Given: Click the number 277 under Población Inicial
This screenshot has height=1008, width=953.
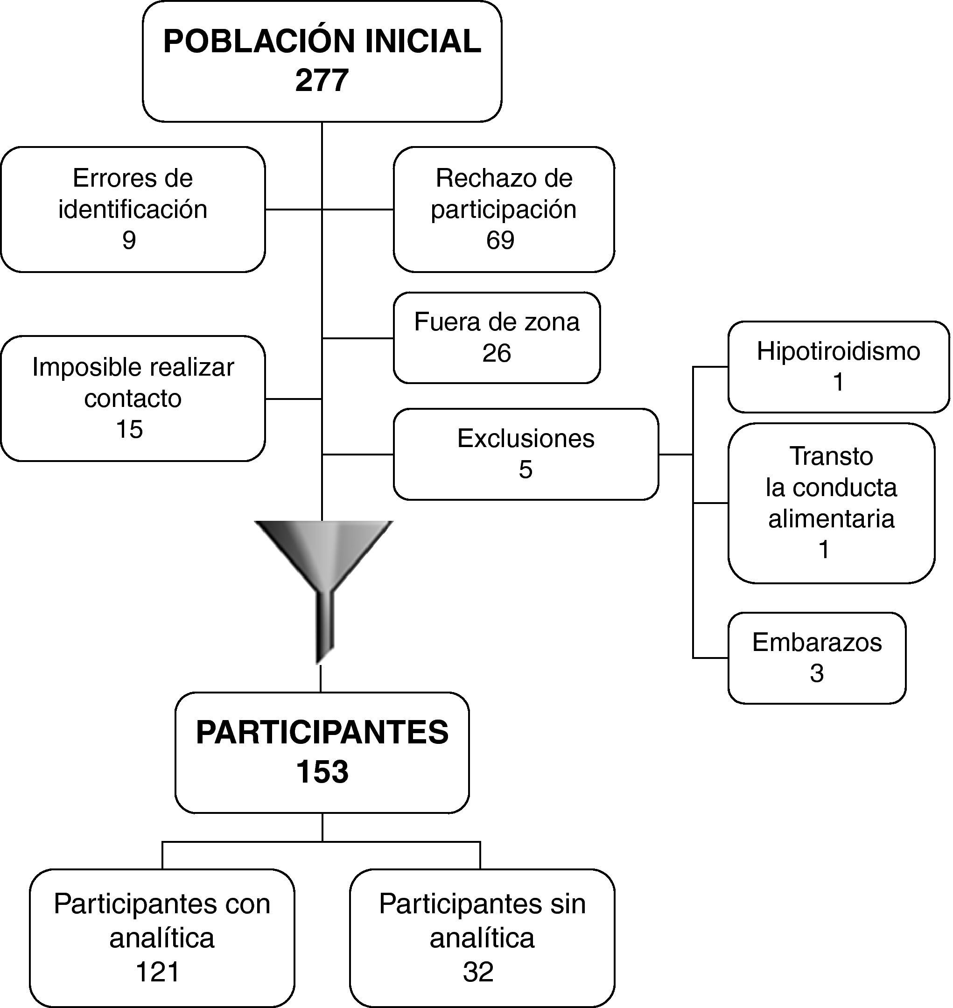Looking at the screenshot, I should pyautogui.click(x=322, y=80).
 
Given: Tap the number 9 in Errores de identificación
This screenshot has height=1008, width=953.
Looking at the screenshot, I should pyautogui.click(x=129, y=240).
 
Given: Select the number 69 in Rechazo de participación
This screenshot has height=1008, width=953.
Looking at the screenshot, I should pyautogui.click(x=500, y=240).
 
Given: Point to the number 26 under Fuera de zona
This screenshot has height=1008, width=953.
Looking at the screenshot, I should pyautogui.click(x=496, y=353).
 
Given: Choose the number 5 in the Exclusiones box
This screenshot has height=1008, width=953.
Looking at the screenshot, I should pyautogui.click(x=525, y=469).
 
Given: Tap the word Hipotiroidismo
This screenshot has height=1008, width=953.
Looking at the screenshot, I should pyautogui.click(x=838, y=351).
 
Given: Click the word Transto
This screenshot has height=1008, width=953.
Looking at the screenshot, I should pyautogui.click(x=831, y=456).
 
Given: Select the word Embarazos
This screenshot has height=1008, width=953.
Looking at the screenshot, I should pyautogui.click(x=817, y=642).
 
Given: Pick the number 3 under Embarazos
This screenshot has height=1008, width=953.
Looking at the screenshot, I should pyautogui.click(x=816, y=673).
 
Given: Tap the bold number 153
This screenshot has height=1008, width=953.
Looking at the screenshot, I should pyautogui.click(x=322, y=772).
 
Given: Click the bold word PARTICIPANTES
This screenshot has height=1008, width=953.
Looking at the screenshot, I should pyautogui.click(x=322, y=732).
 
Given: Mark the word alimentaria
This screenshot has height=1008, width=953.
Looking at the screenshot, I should pyautogui.click(x=831, y=519).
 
